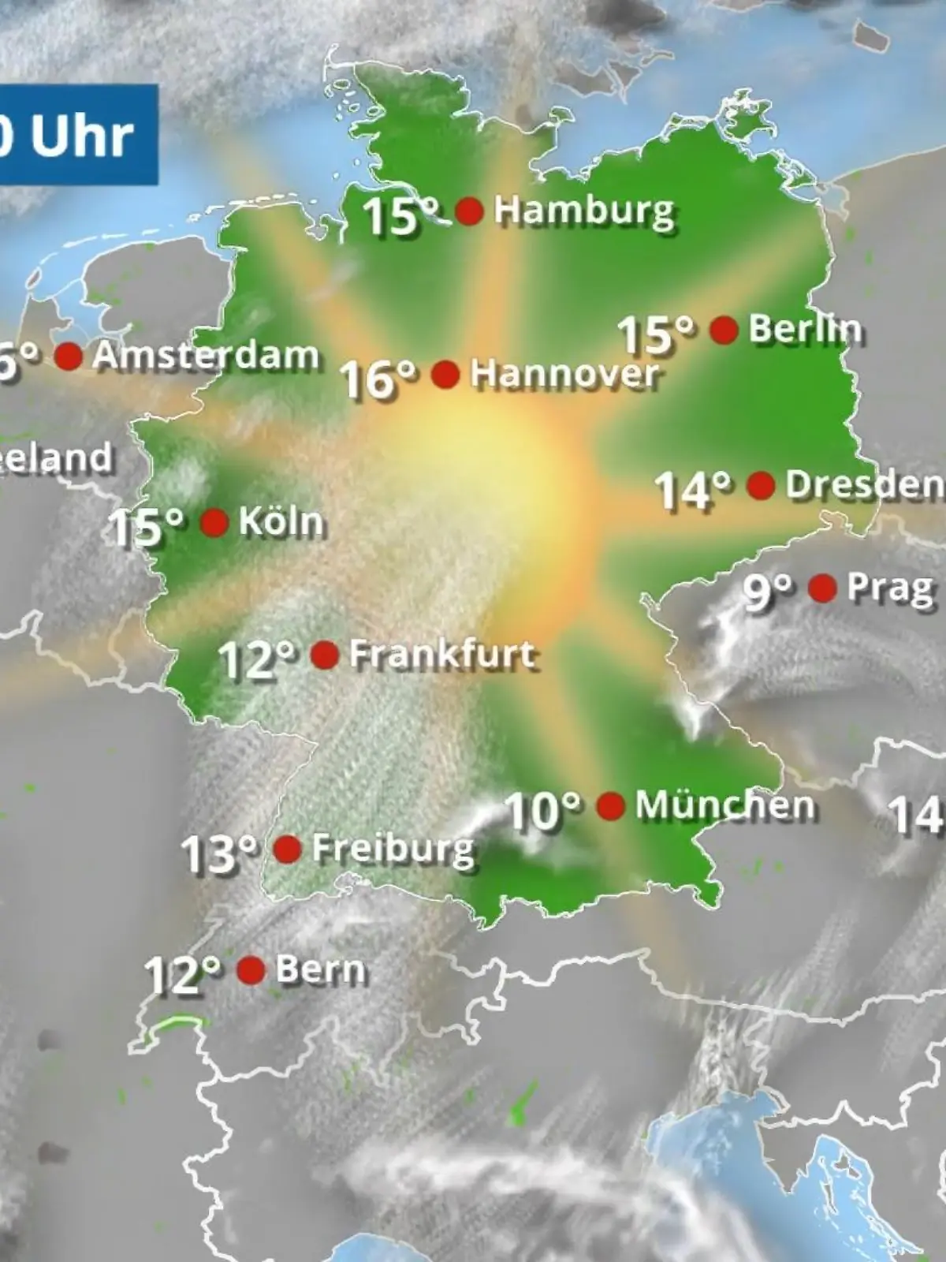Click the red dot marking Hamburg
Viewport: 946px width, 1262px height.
pyautogui.click(x=469, y=211)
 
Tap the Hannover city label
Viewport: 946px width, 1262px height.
pyautogui.click(x=564, y=374)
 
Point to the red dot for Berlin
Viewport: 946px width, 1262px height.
pyautogui.click(x=724, y=330)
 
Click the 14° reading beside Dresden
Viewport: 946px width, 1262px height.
pyautogui.click(x=694, y=491)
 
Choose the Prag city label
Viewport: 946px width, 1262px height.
pyautogui.click(x=889, y=588)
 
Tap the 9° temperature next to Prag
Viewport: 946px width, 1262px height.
pyautogui.click(x=768, y=592)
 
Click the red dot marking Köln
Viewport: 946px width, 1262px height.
pyautogui.click(x=214, y=522)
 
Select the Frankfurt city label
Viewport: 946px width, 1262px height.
pyautogui.click(x=443, y=655)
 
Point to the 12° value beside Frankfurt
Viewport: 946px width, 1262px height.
pyautogui.click(x=257, y=659)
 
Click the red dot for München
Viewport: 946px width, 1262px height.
pyautogui.click(x=611, y=806)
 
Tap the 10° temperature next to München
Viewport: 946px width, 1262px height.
pyautogui.click(x=542, y=810)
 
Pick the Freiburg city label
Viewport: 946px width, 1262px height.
pyautogui.click(x=393, y=849)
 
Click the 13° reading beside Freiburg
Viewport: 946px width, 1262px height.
pyautogui.click(x=219, y=854)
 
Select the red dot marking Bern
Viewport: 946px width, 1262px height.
pyautogui.click(x=251, y=970)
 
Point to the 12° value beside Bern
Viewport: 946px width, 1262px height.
pyautogui.click(x=183, y=976)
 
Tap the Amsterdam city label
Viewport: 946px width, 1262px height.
pyautogui.click(x=205, y=357)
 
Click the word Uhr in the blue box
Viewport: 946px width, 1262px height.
pyautogui.click(x=82, y=136)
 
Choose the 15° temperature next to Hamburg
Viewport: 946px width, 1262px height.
pyautogui.click(x=400, y=215)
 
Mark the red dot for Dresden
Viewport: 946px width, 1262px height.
pyautogui.click(x=761, y=486)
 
